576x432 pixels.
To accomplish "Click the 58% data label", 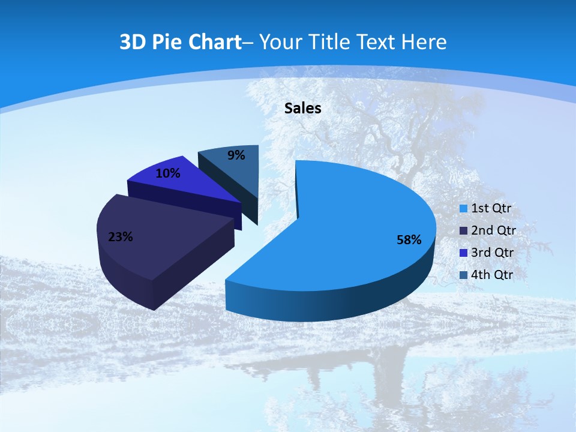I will [x=409, y=240].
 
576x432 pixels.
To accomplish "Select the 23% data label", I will [x=120, y=237].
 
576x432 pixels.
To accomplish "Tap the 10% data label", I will [x=167, y=173].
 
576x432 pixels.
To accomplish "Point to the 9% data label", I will [x=236, y=155].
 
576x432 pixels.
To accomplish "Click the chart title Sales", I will [x=302, y=108].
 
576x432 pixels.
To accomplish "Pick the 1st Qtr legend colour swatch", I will [x=463, y=209].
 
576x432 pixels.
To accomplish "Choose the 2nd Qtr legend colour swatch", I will [x=463, y=231].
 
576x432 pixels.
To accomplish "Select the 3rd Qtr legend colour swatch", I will [x=463, y=253].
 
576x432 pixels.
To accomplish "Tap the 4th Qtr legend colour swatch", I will [x=463, y=275].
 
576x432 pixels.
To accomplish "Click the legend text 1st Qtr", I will [x=493, y=209].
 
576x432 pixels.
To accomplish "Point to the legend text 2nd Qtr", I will [x=494, y=231].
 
